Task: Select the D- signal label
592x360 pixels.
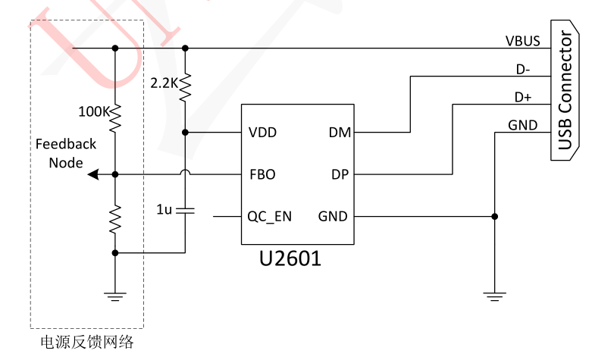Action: click(x=523, y=69)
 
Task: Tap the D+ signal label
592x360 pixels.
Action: click(x=523, y=97)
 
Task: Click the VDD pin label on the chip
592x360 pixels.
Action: click(x=262, y=133)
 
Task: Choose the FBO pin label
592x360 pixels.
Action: click(x=262, y=174)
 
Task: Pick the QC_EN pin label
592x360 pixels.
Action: click(x=269, y=217)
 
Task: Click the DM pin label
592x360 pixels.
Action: click(x=338, y=133)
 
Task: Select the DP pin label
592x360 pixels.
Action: click(x=340, y=174)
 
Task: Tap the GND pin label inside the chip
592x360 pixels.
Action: click(x=333, y=217)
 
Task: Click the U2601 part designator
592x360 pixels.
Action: click(x=290, y=258)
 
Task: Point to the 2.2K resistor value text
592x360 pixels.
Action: click(x=164, y=83)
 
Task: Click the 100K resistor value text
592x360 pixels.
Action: click(x=95, y=111)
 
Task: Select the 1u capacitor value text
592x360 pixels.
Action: click(x=164, y=208)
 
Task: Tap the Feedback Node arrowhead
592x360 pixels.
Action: click(x=92, y=174)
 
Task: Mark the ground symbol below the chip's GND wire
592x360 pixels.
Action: click(x=495, y=296)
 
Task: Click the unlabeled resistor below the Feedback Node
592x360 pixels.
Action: click(x=115, y=218)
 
